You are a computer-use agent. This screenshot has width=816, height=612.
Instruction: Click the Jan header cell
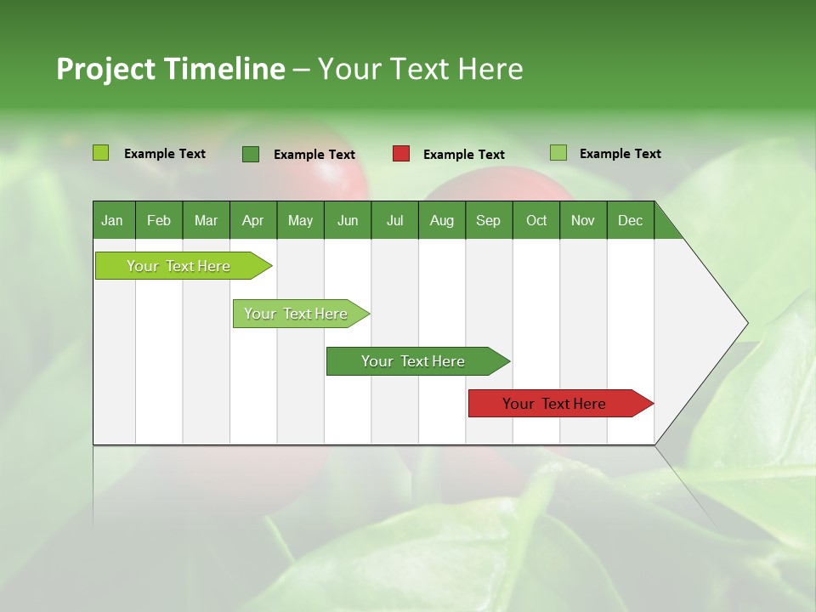pos(113,220)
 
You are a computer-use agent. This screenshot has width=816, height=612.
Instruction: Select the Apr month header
pos(253,220)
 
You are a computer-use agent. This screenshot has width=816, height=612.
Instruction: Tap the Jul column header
pos(394,220)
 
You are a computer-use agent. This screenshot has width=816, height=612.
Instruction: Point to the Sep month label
pos(488,220)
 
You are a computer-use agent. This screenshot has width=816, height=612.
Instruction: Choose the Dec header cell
pos(630,220)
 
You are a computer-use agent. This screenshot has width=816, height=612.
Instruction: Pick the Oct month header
pos(536,220)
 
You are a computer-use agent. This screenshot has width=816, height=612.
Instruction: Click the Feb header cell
pos(159,220)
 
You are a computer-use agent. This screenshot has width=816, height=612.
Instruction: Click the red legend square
pos(401,154)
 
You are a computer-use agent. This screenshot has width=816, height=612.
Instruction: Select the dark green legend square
pos(251,154)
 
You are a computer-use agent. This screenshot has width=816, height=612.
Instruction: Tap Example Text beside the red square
pos(464,155)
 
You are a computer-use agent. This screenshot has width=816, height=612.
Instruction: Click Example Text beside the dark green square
pos(314,155)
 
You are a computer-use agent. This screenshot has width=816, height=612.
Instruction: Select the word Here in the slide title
pos(490,69)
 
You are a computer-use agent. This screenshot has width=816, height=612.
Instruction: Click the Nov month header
pos(583,220)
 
